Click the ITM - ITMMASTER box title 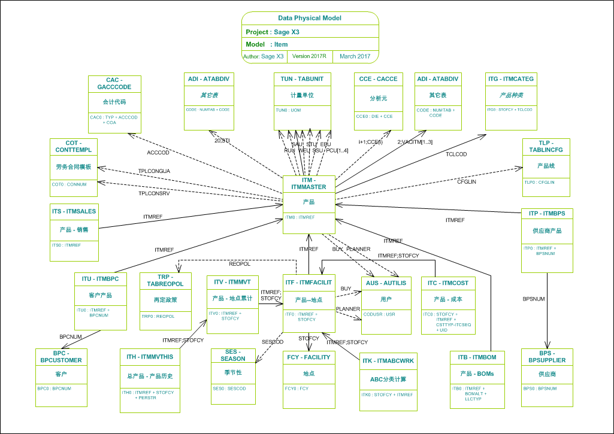(x=308, y=183)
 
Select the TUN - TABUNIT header (x=303, y=78)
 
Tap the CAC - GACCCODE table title (x=114, y=83)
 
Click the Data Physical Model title (x=310, y=19)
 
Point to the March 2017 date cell (x=355, y=56)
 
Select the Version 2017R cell (x=309, y=56)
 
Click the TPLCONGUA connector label (x=154, y=171)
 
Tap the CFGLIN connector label (x=467, y=181)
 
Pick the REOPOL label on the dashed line (x=239, y=264)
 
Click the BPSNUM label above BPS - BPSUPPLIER (x=534, y=298)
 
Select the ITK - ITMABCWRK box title (x=388, y=361)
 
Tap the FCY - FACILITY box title (x=308, y=357)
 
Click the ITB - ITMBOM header (x=473, y=357)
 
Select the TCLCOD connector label (x=456, y=154)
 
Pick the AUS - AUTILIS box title (x=386, y=283)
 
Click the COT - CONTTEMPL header (x=75, y=146)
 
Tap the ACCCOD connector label (x=158, y=153)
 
